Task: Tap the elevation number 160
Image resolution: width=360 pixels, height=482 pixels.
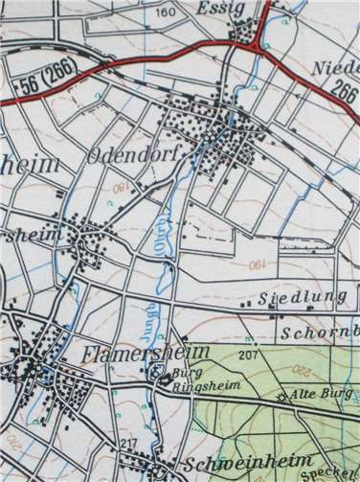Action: [165, 12]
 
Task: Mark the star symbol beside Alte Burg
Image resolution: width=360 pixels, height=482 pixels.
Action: [281, 396]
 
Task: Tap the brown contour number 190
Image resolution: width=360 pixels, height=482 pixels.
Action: [257, 264]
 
